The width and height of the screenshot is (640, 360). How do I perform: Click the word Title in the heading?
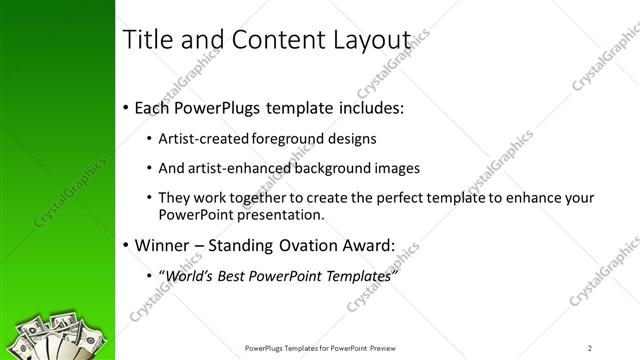coord(146,40)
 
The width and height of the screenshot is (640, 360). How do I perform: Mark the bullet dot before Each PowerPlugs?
coord(125,108)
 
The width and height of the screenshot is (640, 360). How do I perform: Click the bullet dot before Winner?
coord(125,246)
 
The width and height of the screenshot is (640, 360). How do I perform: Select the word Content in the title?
coord(273,40)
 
